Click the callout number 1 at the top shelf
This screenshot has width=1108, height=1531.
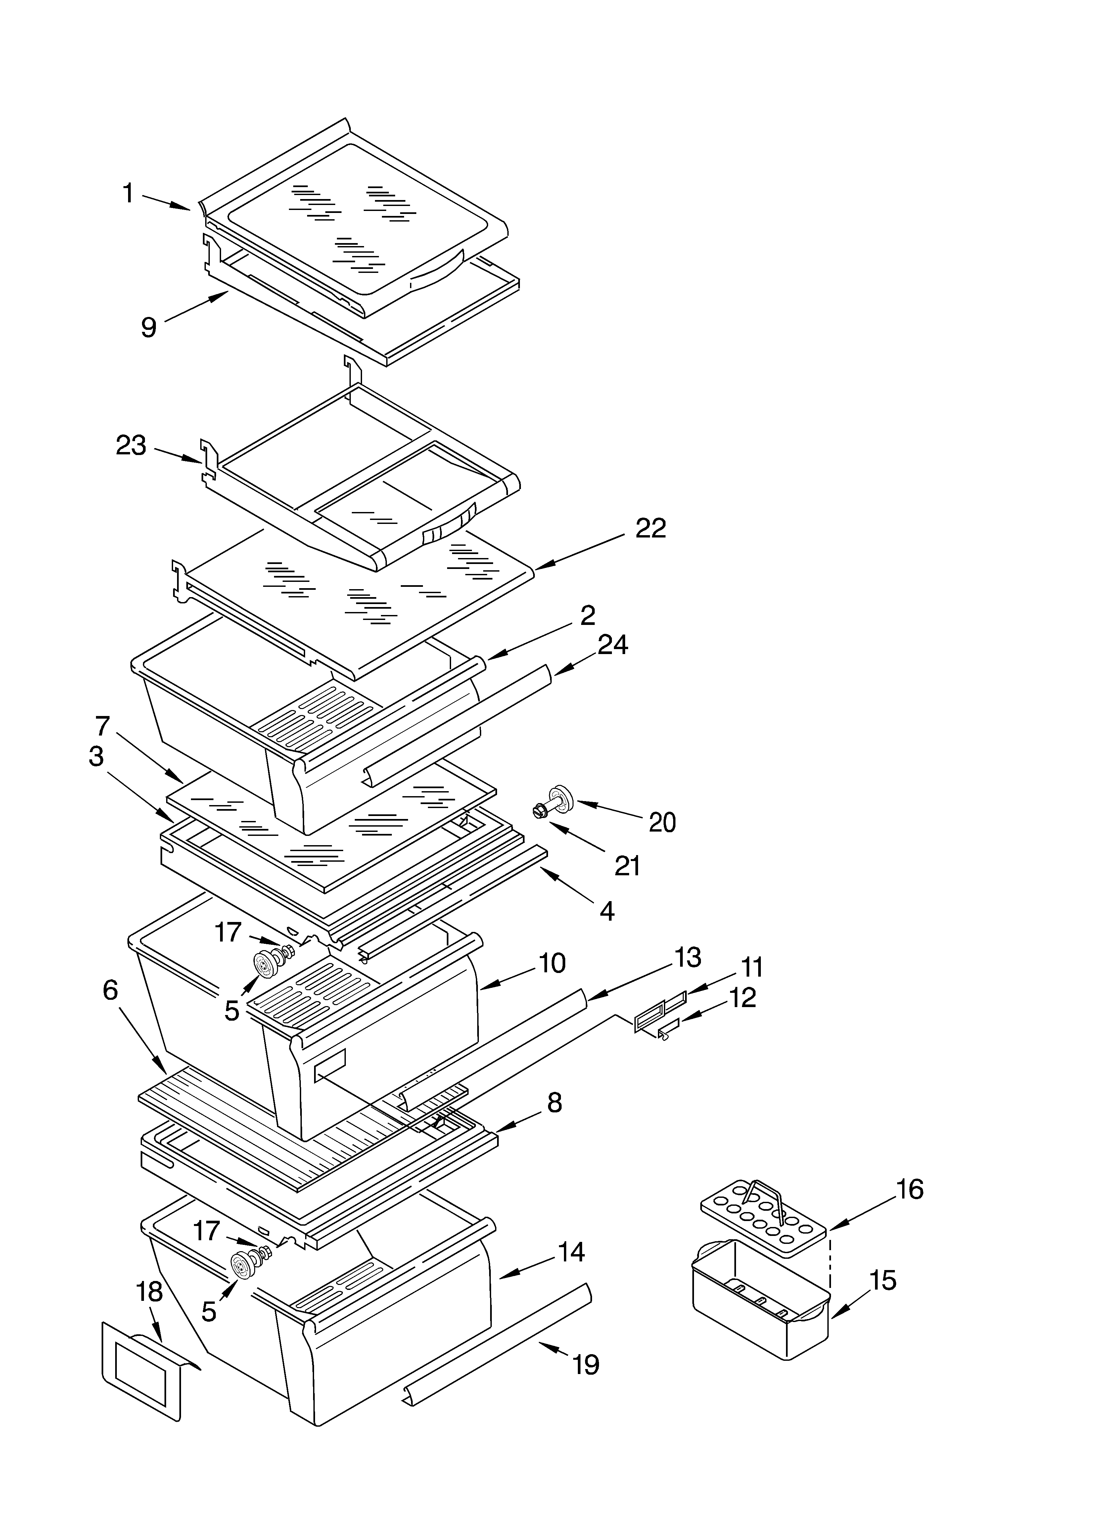click(127, 194)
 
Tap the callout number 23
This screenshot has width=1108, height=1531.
click(131, 445)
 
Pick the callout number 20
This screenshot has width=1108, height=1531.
click(662, 822)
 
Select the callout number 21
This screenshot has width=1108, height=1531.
click(627, 865)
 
